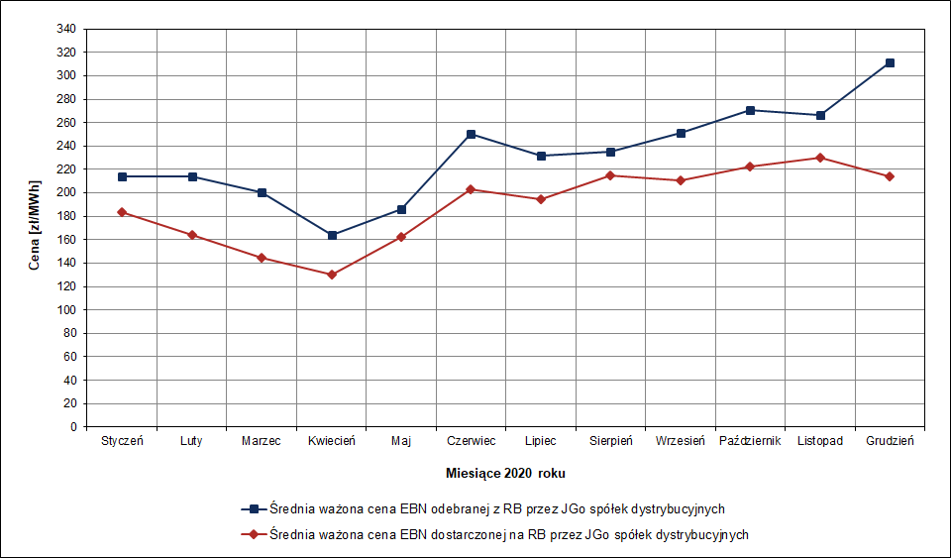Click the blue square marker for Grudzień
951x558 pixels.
tap(890, 62)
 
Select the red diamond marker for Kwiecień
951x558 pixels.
tap(332, 275)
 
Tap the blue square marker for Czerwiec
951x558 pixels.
tap(472, 134)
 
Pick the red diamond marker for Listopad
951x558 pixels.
tap(820, 158)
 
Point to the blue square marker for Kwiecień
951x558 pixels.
tap(332, 235)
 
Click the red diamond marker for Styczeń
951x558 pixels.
tap(122, 212)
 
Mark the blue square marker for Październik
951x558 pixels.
tap(750, 110)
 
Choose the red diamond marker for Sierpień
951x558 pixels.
tap(610, 175)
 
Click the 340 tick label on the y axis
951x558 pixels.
tap(66, 29)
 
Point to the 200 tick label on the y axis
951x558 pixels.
tap(66, 192)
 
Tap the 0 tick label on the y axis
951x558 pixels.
tap(72, 427)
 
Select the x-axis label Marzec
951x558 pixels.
tap(262, 441)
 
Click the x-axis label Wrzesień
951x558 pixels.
tap(680, 441)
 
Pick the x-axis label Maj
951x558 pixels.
tap(401, 441)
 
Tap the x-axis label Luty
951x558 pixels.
tap(191, 441)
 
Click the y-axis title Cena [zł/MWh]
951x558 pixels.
tap(35, 227)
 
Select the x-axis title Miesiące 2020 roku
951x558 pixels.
tap(505, 474)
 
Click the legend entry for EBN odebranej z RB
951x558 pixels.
tap(495, 508)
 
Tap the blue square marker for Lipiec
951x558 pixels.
tap(541, 156)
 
